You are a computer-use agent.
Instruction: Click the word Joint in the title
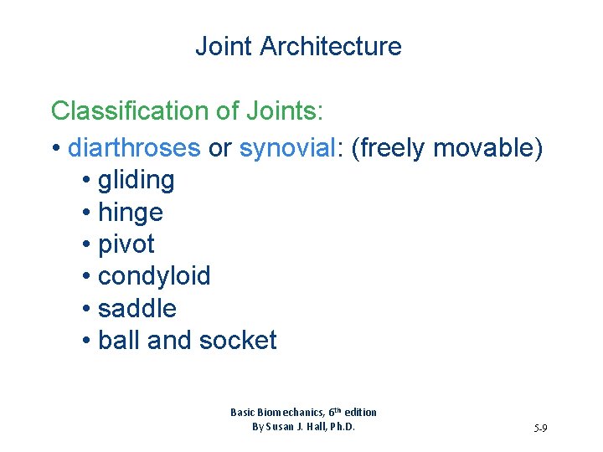(224, 46)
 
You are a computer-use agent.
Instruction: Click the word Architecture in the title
(331, 46)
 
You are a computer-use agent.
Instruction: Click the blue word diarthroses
(134, 148)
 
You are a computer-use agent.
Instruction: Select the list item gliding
(137, 180)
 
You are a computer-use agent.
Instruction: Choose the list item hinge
(131, 212)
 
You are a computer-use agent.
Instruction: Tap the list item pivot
(126, 244)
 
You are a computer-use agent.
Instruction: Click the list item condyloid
(154, 276)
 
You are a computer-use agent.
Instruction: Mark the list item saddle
(137, 308)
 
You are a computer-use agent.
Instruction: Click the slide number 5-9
(539, 429)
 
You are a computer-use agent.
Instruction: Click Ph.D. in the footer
(340, 427)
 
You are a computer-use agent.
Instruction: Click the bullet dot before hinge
(88, 213)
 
